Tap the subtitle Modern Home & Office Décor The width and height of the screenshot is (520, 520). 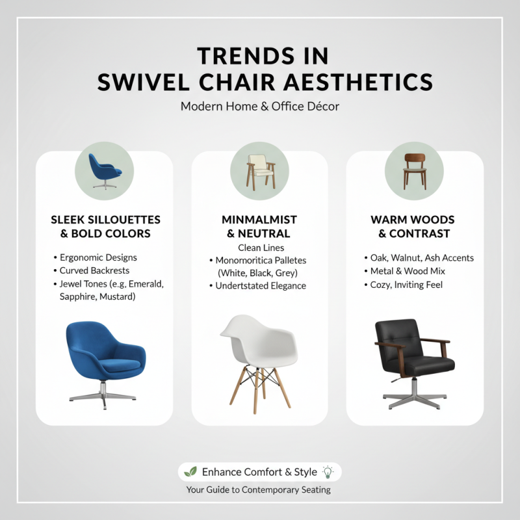pyautogui.click(x=260, y=106)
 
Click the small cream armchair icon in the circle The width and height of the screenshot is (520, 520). pyautogui.click(x=259, y=171)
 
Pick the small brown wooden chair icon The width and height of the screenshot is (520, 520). pyautogui.click(x=414, y=171)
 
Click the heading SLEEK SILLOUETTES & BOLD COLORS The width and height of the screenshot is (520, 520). pyautogui.click(x=105, y=227)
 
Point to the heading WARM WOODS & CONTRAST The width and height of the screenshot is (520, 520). pyautogui.click(x=414, y=227)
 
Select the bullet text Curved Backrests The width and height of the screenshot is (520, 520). pyautogui.click(x=94, y=270)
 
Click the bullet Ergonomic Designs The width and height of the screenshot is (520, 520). pyautogui.click(x=98, y=257)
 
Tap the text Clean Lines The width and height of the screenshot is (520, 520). pyautogui.click(x=261, y=248)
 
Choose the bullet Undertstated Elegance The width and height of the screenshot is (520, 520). pyautogui.click(x=261, y=285)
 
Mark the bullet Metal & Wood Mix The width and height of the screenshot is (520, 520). pyautogui.click(x=408, y=270)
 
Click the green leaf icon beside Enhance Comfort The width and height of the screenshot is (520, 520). pyautogui.click(x=190, y=472)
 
